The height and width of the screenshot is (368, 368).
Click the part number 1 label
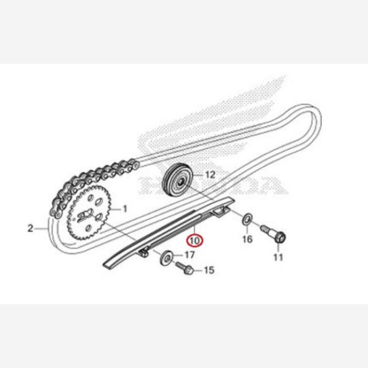(125, 209)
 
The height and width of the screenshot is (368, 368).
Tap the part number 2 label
(31, 228)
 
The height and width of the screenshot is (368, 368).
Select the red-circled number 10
(195, 241)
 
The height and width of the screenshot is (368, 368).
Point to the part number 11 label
(278, 257)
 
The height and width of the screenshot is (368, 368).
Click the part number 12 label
(210, 175)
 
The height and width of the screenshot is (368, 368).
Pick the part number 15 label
(209, 270)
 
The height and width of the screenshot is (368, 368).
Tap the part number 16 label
(247, 239)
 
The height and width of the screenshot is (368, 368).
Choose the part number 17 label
(190, 255)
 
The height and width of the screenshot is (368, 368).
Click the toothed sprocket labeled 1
(88, 212)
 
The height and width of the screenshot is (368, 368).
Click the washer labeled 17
(166, 258)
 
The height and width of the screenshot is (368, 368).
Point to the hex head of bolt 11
(280, 237)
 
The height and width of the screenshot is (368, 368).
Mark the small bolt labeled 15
(185, 268)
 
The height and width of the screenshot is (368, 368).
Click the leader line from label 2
(41, 228)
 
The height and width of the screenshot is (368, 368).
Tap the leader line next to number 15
(198, 270)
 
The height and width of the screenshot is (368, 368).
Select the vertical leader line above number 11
(278, 248)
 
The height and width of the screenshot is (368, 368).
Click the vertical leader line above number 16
(247, 229)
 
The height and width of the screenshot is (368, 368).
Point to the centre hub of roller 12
(181, 182)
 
